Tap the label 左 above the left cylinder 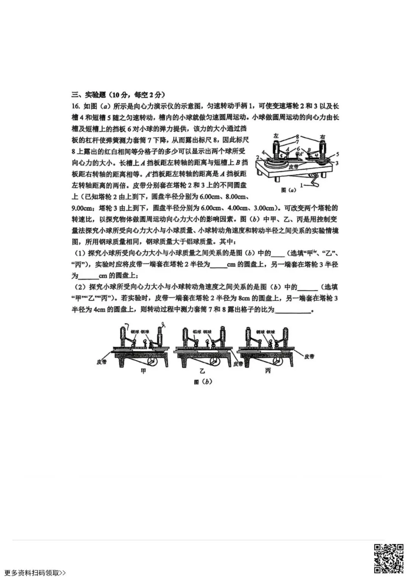click(276, 135)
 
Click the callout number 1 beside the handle click(302, 185)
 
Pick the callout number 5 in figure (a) click(337, 154)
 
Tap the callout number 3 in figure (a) click(337, 163)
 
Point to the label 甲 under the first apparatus click(143, 371)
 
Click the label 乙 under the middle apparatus click(202, 371)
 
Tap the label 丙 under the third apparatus click(268, 371)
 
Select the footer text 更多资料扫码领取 click(35, 573)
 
